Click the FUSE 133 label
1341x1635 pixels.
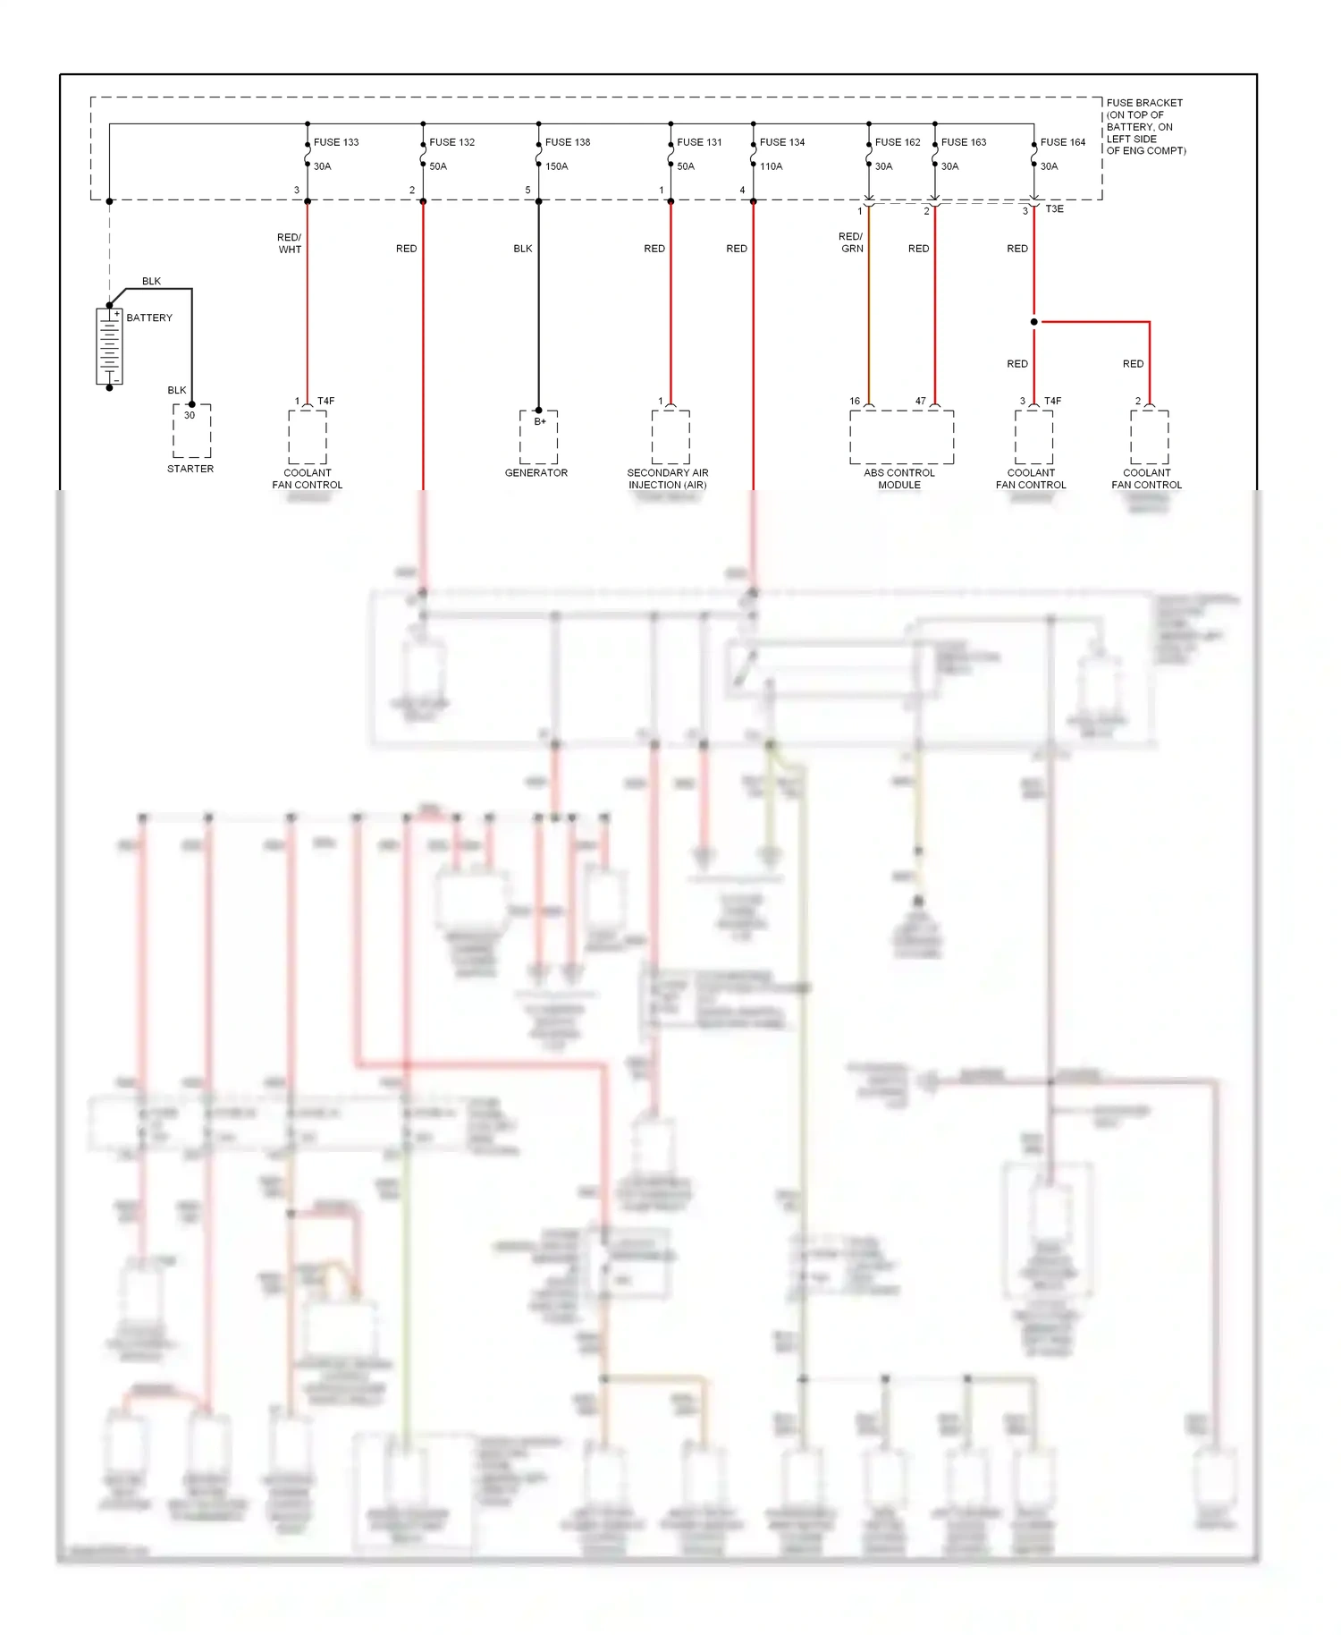[x=335, y=142]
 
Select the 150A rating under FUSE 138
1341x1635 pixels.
[x=556, y=166]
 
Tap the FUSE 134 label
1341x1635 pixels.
[x=781, y=142]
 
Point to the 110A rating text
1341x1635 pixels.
[x=771, y=166]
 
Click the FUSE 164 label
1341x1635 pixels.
[x=1062, y=142]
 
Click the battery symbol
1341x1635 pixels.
[x=109, y=347]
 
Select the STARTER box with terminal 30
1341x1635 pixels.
[x=191, y=430]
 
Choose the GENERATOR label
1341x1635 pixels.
[x=536, y=473]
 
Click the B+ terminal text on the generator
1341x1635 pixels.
[x=540, y=421]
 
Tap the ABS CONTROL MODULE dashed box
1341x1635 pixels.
[x=901, y=437]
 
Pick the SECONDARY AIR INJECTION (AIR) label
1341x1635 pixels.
[x=667, y=479]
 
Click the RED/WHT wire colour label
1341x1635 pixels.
[x=289, y=243]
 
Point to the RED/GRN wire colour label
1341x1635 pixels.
[x=851, y=242]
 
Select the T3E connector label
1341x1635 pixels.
[x=1054, y=209]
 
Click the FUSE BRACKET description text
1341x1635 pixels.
[x=1145, y=127]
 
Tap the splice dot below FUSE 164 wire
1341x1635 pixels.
[x=1033, y=322]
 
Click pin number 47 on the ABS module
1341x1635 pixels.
[x=920, y=401]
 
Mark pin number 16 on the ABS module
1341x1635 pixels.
[x=855, y=401]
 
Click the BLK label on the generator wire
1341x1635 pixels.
[x=522, y=249]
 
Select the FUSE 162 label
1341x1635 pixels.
[x=897, y=142]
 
